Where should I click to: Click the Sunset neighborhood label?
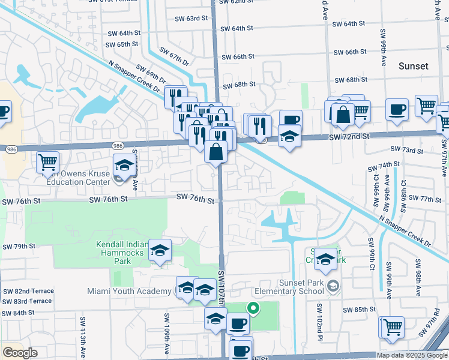tap(414, 66)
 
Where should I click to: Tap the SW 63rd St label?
tap(188, 19)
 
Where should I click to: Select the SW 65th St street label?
tap(122, 44)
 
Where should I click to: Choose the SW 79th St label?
tap(19, 247)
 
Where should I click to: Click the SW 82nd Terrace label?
tap(28, 291)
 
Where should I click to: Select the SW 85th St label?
tap(360, 310)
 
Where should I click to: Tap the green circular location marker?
tap(253, 309)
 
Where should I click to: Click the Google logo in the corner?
tap(20, 353)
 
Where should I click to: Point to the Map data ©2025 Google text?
tap(412, 355)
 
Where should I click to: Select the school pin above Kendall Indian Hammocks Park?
tap(160, 251)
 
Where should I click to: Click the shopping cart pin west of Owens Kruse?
tap(47, 161)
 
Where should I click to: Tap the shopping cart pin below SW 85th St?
tap(393, 327)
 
